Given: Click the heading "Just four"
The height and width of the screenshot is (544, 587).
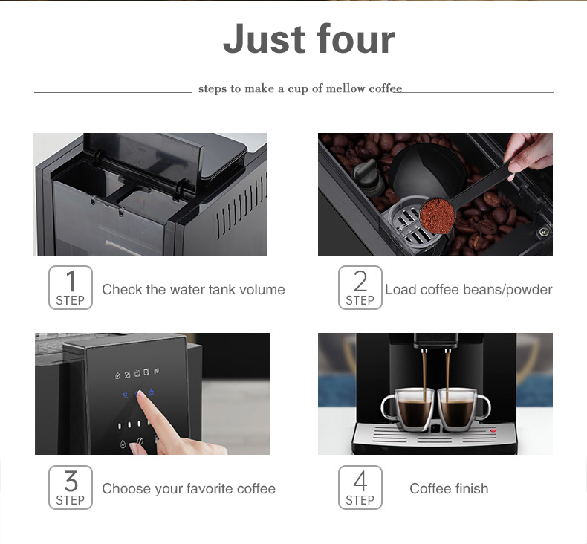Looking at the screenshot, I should click(x=308, y=39).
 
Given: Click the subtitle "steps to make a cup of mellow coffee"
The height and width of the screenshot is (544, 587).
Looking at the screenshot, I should click(x=299, y=89).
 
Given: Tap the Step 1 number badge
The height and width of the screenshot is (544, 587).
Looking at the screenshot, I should click(x=71, y=288).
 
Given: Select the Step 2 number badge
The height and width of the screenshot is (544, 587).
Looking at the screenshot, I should click(x=360, y=288).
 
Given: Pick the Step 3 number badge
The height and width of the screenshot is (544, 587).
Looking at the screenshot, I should click(x=71, y=488).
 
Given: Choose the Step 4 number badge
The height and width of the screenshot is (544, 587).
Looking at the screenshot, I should click(x=360, y=488).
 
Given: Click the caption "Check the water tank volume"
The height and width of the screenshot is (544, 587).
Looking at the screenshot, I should click(x=193, y=290).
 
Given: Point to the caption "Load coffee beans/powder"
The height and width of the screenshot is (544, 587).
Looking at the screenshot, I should click(x=468, y=290).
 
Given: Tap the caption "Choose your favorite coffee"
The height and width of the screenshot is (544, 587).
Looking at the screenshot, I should click(x=189, y=489).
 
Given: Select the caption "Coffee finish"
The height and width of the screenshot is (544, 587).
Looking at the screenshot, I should click(x=449, y=489).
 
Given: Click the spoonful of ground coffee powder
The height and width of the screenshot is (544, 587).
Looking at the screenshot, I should click(x=437, y=216).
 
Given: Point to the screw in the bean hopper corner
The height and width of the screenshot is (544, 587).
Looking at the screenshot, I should click(x=543, y=232).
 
